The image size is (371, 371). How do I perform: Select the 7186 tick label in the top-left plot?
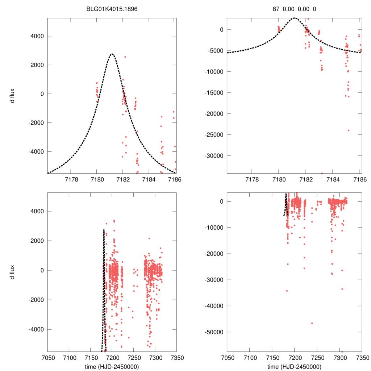(174, 179)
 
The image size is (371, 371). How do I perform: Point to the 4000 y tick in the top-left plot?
(37, 36)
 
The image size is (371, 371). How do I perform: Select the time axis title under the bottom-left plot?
(112, 366)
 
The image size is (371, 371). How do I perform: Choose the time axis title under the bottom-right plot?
(294, 366)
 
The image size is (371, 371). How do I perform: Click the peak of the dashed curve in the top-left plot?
(112, 54)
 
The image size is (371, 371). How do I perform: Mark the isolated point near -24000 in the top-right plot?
(349, 130)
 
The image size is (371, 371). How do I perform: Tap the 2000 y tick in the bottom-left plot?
(37, 241)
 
